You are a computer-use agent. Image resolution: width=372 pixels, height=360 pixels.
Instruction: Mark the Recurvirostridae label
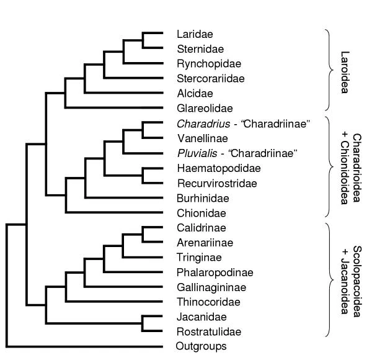[x=208, y=183]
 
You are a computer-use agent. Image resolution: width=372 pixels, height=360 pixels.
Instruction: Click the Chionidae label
[x=195, y=213]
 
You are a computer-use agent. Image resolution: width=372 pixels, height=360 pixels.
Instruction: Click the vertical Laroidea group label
[x=345, y=71]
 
